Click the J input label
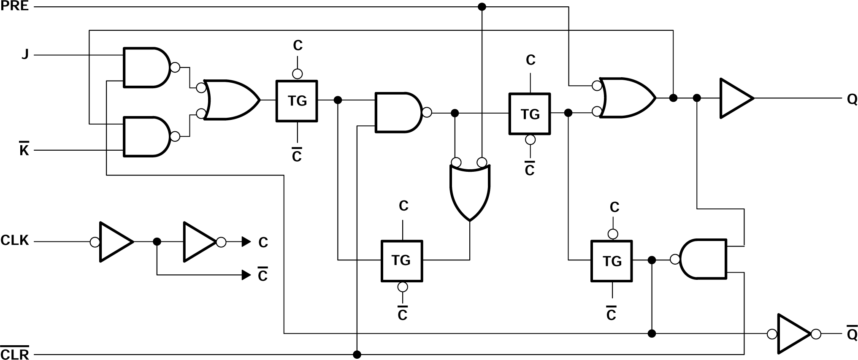pos(25,54)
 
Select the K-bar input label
pos(24,150)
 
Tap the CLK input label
pos(15,241)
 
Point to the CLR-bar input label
pos(15,353)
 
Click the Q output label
pos(852,100)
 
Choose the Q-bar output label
pos(852,334)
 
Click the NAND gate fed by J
pos(146,68)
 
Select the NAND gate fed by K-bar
pos(146,137)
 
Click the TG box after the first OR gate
pos(297,101)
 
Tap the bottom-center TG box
pos(401,260)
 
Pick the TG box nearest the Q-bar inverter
pos(611,261)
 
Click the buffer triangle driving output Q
pos(734,98)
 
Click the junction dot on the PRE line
pos(482,7)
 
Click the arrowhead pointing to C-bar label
pos(246,275)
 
